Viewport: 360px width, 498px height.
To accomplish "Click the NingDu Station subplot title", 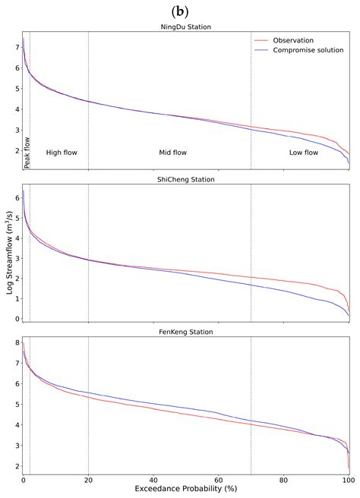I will (x=186, y=27).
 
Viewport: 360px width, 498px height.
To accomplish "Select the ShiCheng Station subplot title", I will (x=186, y=180).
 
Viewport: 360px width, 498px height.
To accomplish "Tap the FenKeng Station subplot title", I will (x=186, y=333).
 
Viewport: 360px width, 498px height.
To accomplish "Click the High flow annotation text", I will (x=62, y=153).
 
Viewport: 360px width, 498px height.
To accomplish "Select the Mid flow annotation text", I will (x=172, y=153).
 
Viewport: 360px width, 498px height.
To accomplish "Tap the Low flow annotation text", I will (x=304, y=153).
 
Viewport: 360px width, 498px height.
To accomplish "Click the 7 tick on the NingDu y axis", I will (x=16, y=47).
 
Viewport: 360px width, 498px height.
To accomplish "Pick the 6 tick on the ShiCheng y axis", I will (x=16, y=197).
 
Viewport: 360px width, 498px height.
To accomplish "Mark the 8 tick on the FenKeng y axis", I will (x=16, y=343).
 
